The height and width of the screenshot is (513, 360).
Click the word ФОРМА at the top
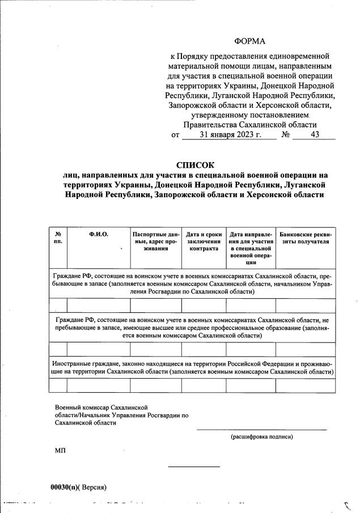pos(249,41)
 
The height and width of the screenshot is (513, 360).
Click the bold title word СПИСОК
pos(196,165)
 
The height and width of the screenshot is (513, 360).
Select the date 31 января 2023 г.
pos(230,135)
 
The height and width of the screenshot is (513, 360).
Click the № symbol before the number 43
pos(286,135)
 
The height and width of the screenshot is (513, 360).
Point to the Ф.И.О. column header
pos(98,234)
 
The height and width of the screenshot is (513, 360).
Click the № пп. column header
pos(58,237)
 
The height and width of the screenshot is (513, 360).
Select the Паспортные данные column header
pos(155,240)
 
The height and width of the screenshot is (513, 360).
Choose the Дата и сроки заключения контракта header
pos(204,240)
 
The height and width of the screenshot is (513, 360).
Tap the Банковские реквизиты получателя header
pos(305,237)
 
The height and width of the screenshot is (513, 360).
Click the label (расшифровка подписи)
pos(261,437)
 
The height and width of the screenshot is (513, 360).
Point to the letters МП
pos(60,450)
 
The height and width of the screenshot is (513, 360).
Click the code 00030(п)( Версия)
pos(78,487)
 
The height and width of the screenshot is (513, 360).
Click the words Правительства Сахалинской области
pos(249,125)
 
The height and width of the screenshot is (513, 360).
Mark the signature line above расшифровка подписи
pos(261,430)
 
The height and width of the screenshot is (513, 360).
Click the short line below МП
pos(194,467)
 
